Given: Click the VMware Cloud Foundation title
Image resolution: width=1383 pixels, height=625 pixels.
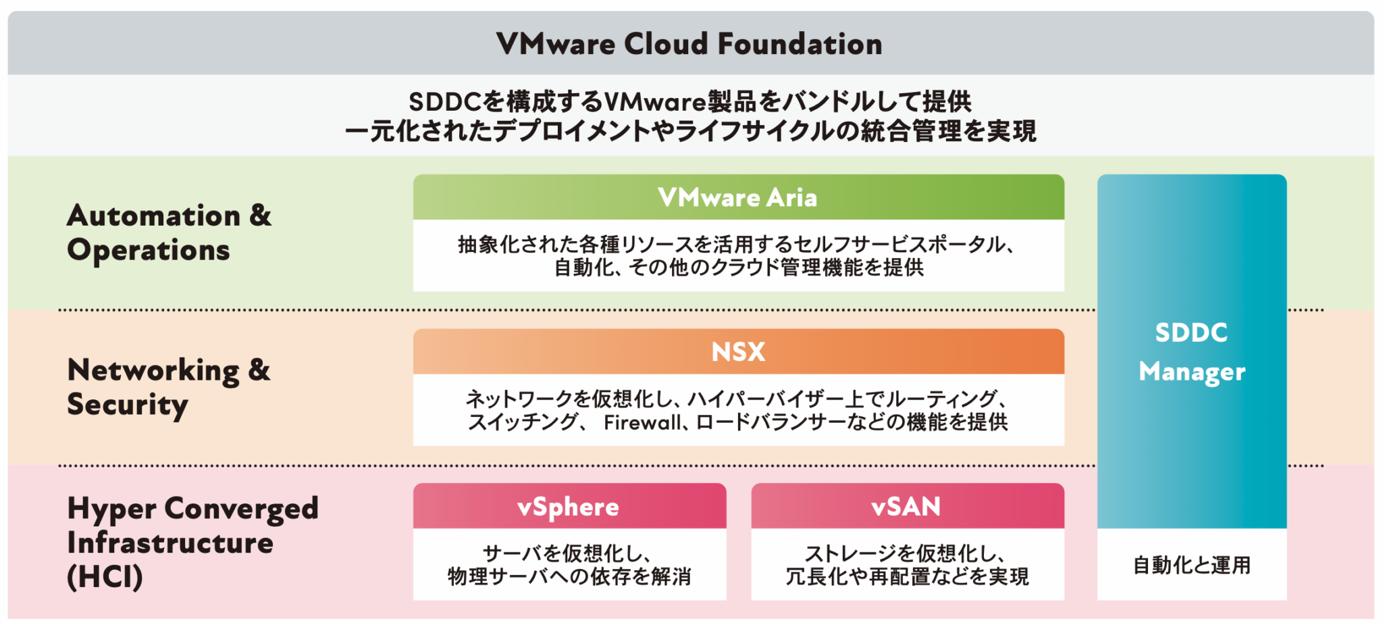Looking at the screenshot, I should pos(689,44).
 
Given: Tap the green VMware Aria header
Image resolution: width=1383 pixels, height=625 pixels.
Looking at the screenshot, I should pos(738,197).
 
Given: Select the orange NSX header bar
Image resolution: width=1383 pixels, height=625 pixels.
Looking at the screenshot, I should pos(738,352).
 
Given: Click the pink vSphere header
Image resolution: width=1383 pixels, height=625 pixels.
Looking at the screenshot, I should pos(569,507).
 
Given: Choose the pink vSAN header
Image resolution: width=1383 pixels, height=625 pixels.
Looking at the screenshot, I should pos(906,507).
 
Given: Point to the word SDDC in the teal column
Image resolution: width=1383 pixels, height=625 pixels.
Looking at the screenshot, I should pos(1191,332).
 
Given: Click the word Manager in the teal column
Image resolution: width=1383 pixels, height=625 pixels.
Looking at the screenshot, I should pos(1192,372).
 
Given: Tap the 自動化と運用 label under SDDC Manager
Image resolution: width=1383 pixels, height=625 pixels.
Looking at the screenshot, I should pos(1192,565).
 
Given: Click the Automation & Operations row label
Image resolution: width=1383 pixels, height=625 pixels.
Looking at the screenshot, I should pos(169,232).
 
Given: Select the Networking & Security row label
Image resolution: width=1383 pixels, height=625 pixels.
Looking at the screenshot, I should pos(169,387).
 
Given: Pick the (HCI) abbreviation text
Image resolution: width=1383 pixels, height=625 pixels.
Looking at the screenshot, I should pos(105,577).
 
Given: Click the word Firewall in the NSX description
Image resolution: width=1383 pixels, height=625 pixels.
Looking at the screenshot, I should pos(642,423).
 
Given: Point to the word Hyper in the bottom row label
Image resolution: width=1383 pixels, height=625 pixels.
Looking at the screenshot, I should pos(111,509).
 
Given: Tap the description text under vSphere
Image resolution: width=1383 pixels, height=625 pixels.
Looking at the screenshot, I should pos(569,565).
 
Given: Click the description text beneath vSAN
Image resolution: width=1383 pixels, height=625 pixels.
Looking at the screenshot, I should pos(906,565).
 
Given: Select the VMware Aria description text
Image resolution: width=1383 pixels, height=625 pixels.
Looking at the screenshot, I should pos(738,256).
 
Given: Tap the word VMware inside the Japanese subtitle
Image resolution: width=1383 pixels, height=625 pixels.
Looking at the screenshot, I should pos(654,102).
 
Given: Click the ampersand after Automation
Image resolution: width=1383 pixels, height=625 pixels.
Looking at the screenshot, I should pos(260,215).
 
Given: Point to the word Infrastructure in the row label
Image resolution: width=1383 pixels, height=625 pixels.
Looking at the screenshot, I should pos(170,543).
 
